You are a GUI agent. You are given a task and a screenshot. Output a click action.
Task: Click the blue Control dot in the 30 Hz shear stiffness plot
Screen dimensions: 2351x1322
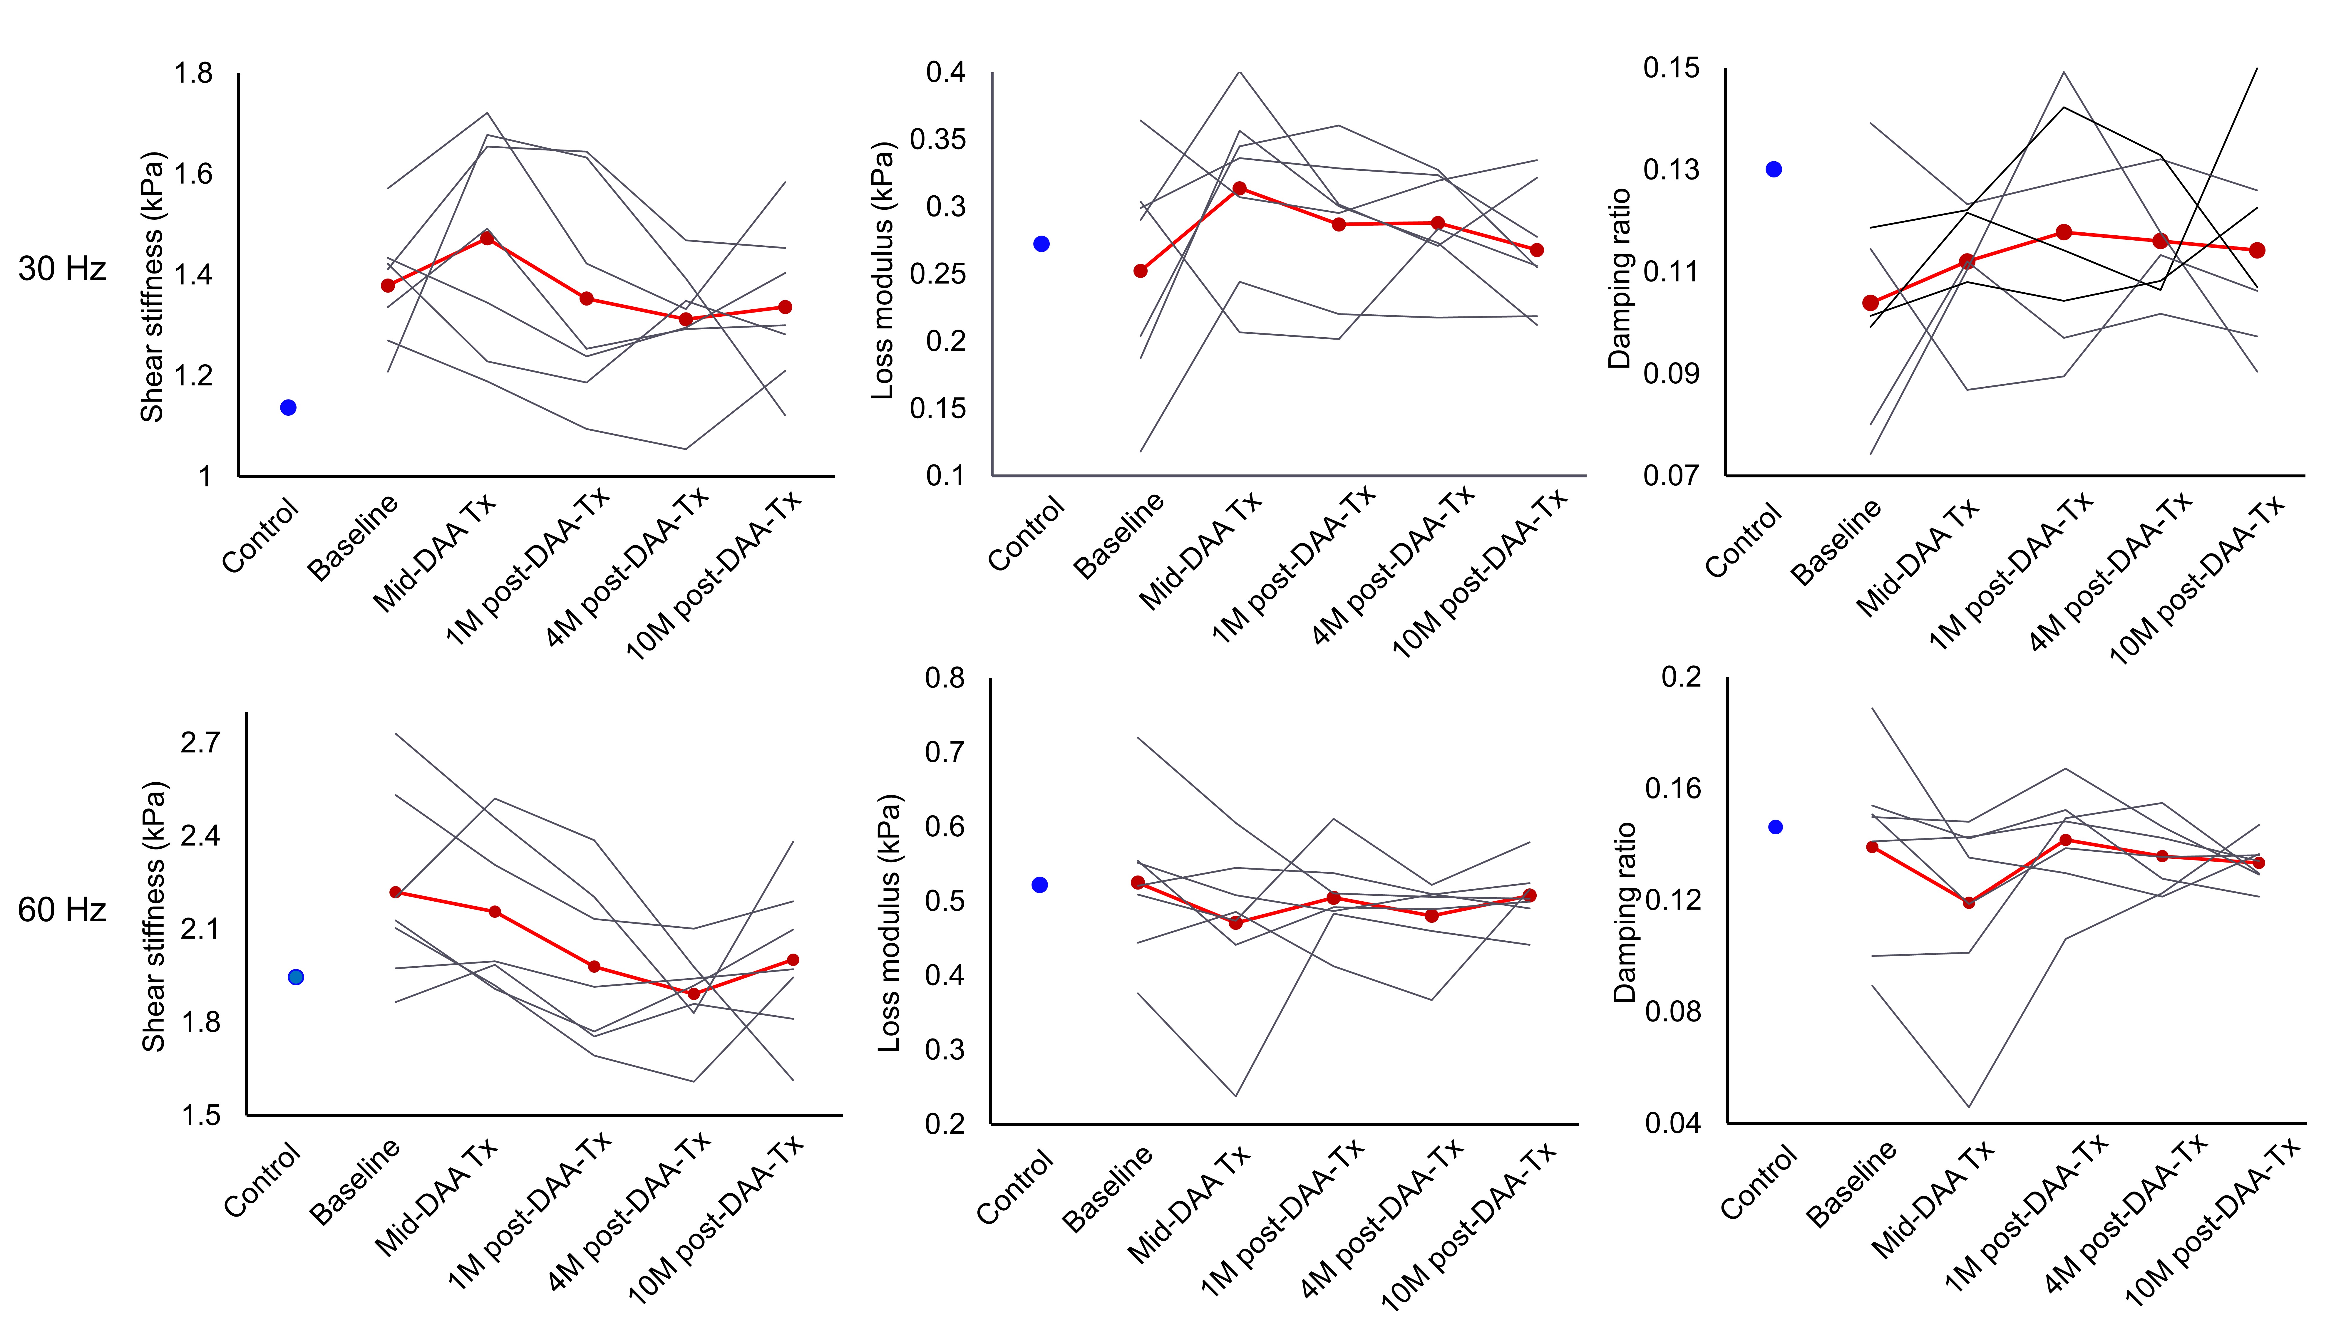tap(288, 408)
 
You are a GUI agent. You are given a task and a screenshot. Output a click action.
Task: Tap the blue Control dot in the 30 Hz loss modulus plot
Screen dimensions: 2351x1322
tap(1041, 244)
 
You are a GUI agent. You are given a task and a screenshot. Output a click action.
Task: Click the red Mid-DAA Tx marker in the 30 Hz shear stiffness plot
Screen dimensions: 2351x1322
tap(487, 238)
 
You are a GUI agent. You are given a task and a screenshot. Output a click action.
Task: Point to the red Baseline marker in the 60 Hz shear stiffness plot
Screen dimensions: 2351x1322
tap(396, 892)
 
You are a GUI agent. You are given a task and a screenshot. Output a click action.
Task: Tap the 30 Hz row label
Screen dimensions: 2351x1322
tap(62, 268)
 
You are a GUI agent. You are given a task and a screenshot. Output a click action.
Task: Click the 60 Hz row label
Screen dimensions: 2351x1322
tap(62, 910)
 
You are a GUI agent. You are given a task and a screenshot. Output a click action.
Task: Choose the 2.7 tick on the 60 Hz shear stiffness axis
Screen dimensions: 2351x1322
tap(201, 743)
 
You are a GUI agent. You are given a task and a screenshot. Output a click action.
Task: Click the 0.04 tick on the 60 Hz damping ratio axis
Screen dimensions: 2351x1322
tap(1674, 1123)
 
